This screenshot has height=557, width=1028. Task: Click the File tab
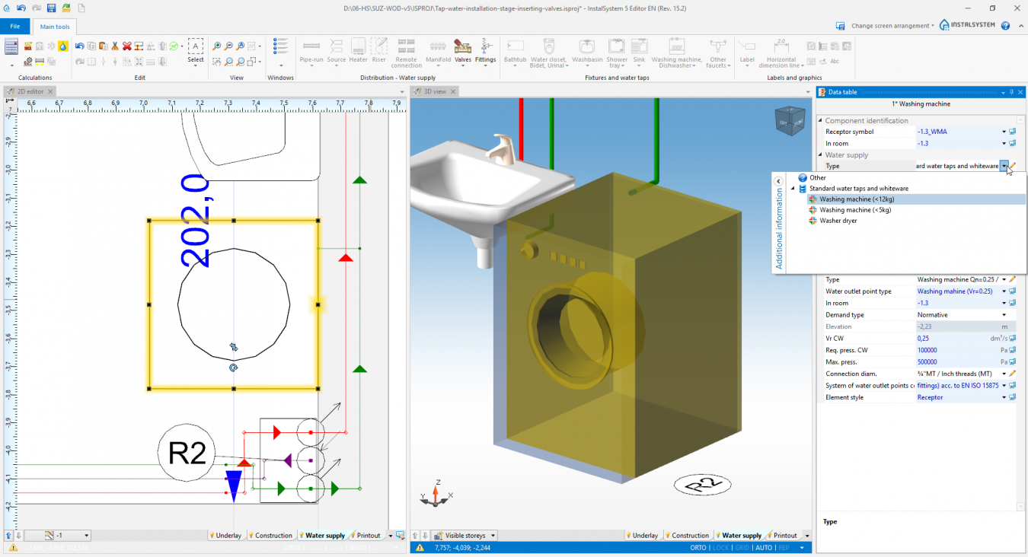coord(14,27)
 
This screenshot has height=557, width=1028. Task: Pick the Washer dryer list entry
coord(838,221)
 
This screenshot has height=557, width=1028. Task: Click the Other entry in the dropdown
coord(817,178)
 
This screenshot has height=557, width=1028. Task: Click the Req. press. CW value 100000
coord(927,350)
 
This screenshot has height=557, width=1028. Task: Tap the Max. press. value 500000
coord(927,362)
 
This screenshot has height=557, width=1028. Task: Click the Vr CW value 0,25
coord(923,339)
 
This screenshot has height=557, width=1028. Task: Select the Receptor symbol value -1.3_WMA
coord(932,132)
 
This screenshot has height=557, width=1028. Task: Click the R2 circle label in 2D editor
coord(187,454)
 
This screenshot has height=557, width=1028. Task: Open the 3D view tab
coord(435,92)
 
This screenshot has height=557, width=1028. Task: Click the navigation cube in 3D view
coord(789,121)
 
